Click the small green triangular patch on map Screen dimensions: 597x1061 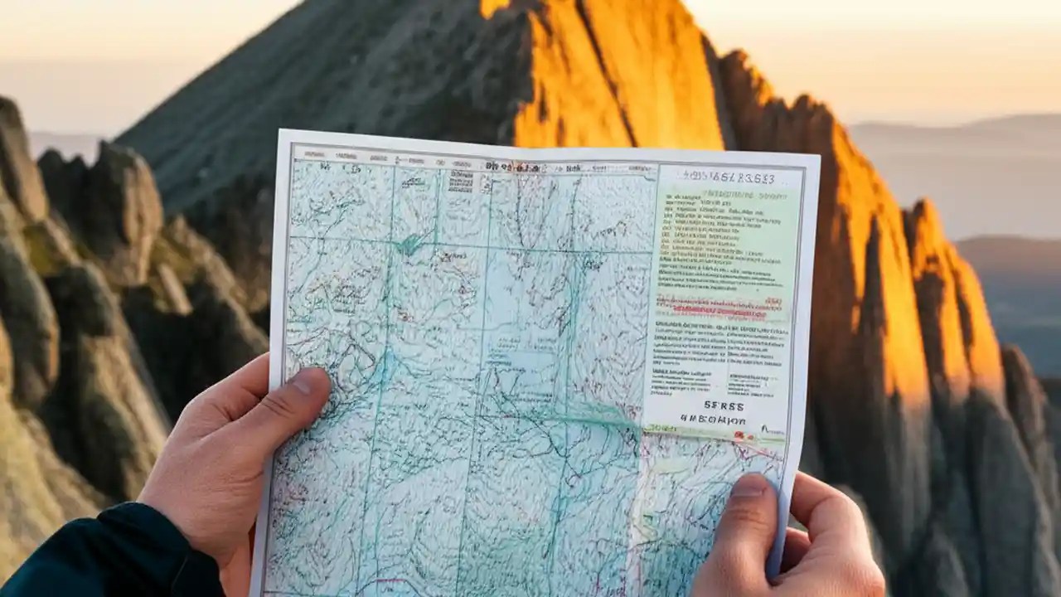[408, 244]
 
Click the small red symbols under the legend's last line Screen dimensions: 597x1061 [729, 434]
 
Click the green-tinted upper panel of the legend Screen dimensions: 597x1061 [729, 232]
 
